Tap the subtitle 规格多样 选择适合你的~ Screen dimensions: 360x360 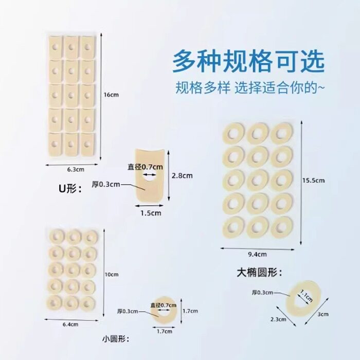250,87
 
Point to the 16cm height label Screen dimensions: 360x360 111,95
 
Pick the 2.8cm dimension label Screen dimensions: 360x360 183,175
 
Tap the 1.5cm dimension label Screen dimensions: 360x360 150,211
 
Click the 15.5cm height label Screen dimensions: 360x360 314,180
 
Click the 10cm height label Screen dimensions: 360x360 111,274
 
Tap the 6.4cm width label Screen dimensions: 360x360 71,324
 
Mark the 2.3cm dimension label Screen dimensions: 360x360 279,319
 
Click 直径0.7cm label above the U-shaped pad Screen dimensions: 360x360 146,166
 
